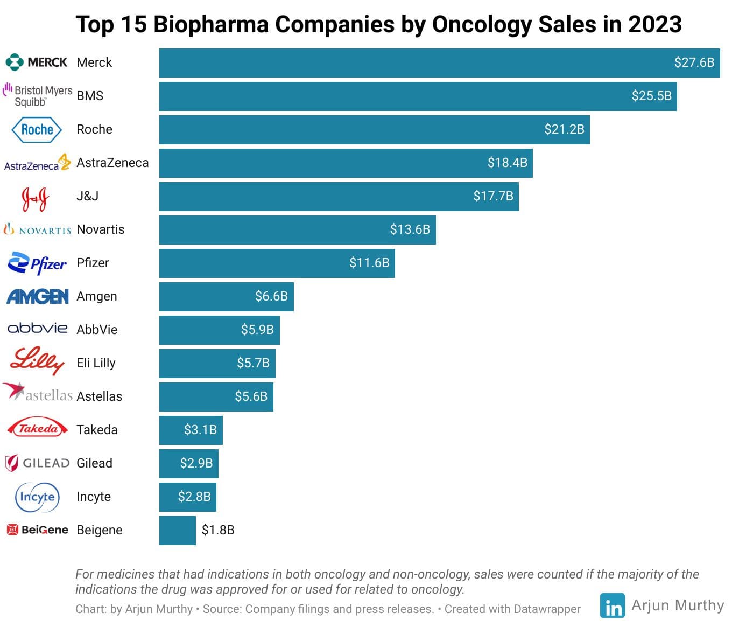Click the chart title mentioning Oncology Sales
[378, 24]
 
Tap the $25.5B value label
[651, 96]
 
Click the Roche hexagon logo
[37, 130]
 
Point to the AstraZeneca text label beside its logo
[112, 163]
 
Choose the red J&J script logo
[35, 198]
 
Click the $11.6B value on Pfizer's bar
[369, 263]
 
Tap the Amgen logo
[37, 296]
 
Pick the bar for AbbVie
[219, 330]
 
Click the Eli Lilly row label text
[96, 363]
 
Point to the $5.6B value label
[251, 396]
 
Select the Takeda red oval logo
[37, 429]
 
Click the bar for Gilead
[188, 464]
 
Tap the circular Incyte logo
[37, 497]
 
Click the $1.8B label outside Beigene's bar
[218, 530]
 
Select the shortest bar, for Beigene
[177, 531]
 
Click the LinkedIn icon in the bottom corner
[612, 606]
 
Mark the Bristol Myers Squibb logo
[37, 95]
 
